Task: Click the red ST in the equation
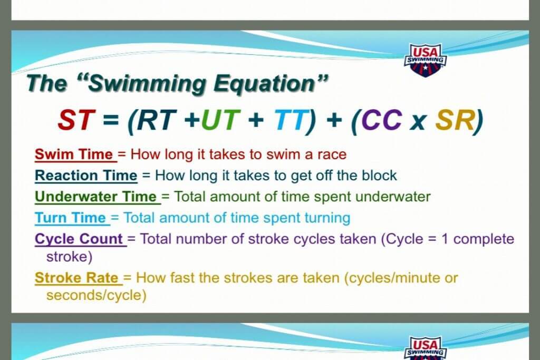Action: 76,120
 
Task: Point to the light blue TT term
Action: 290,120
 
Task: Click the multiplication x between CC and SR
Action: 418,122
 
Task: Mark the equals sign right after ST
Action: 111,121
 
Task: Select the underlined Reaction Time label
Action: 86,176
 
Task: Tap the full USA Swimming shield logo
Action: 426,60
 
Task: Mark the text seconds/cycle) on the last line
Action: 97,296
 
